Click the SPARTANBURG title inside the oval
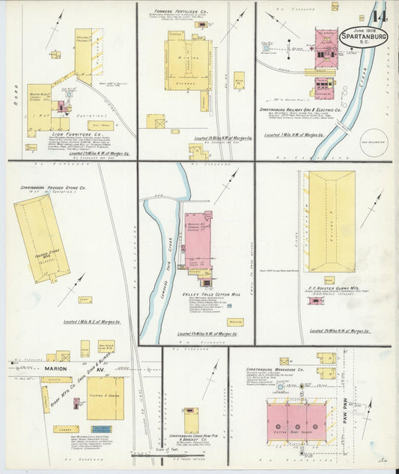point(364,36)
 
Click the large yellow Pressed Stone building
point(40,238)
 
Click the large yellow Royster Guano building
point(329,221)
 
